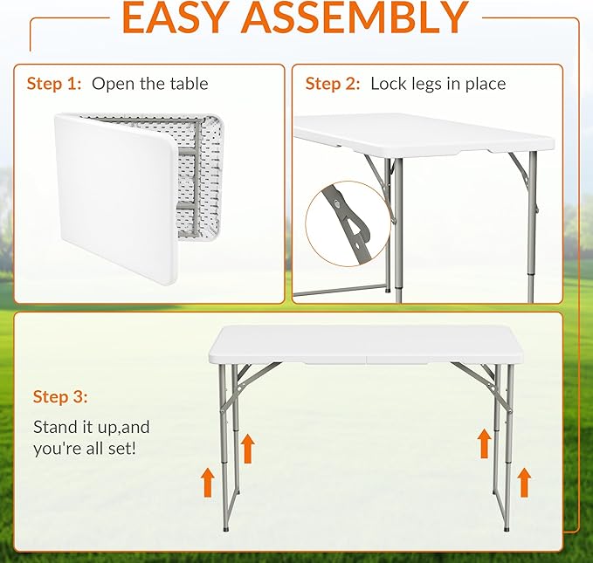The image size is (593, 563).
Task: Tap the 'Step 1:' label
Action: [x=54, y=84]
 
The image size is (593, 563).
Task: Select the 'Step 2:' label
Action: [x=333, y=84]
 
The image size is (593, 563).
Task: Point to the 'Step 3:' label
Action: [x=60, y=396]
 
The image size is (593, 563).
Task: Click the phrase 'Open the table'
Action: [x=149, y=84]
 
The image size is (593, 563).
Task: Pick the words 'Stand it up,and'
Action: [x=92, y=427]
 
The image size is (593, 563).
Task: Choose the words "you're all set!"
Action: [x=85, y=449]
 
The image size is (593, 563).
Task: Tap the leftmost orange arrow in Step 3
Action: [x=208, y=482]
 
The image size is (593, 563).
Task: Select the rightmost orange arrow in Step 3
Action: [x=524, y=482]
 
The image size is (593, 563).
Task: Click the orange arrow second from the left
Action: [x=248, y=449]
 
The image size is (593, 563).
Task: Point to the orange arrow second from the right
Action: [x=485, y=444]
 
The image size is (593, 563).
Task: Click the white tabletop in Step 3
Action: [x=365, y=346]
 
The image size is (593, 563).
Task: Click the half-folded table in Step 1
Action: [x=139, y=198]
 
